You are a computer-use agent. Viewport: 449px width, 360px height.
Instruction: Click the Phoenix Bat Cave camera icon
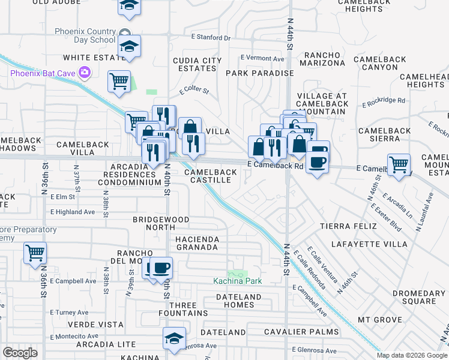click(85, 73)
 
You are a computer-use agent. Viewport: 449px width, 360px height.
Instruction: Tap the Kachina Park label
click(238, 281)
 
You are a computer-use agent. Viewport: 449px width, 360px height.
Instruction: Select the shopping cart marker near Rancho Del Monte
click(35, 253)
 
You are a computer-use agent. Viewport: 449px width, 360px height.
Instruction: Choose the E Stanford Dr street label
click(211, 37)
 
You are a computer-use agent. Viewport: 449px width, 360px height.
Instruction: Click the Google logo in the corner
click(20, 353)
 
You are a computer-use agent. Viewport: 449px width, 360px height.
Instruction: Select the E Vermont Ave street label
click(262, 58)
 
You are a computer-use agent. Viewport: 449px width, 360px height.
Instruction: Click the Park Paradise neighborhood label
click(259, 73)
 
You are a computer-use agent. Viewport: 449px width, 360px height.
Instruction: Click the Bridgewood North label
click(161, 224)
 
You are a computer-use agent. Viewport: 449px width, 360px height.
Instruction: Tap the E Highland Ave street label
click(73, 212)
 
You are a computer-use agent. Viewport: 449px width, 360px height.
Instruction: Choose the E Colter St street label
click(194, 91)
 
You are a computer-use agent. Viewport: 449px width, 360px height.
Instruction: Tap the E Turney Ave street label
click(70, 313)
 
